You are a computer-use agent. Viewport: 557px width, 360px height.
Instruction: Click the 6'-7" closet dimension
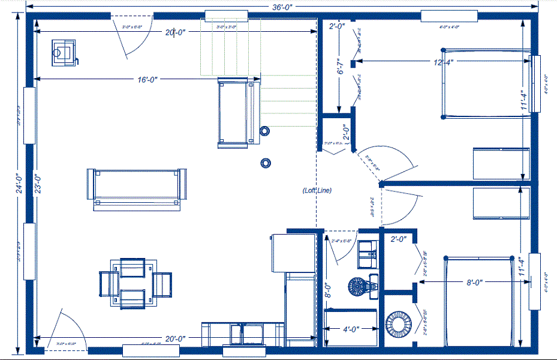[x=340, y=67]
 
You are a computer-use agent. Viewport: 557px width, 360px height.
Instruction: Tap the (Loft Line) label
[x=317, y=190]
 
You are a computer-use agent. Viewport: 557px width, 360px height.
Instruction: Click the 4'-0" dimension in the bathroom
[x=351, y=329]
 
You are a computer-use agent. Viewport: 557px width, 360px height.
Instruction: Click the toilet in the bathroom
[x=359, y=287]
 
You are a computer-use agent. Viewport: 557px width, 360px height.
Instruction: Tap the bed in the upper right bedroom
[x=486, y=83]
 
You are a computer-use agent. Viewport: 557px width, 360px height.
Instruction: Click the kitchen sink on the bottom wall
[x=243, y=333]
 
